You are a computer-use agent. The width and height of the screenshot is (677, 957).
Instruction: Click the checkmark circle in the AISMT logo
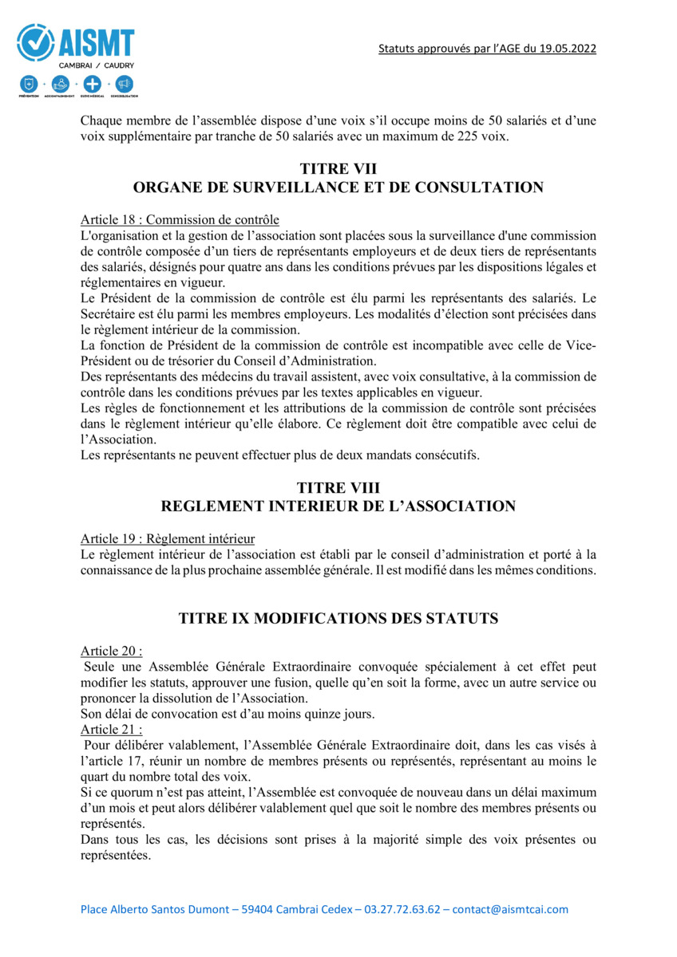coord(34,41)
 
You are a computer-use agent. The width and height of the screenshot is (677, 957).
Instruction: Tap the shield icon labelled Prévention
coord(28,83)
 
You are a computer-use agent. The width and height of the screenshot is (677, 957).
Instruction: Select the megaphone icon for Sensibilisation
coord(124,83)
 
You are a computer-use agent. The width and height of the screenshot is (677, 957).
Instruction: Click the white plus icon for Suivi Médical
coord(92,83)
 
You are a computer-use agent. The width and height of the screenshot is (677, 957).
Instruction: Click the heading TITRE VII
coord(338,169)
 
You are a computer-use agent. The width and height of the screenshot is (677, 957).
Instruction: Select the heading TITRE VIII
coord(338,487)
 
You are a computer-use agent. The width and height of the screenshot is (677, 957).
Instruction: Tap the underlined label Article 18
coord(111,219)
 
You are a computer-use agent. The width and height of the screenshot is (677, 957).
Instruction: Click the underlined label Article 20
coord(111,651)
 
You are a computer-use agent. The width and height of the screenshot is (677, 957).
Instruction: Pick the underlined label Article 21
coord(111,729)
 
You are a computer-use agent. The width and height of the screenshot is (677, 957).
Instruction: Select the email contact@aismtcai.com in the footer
coord(510,909)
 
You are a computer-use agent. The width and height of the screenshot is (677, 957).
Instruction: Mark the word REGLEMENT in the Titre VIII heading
coord(211,506)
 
